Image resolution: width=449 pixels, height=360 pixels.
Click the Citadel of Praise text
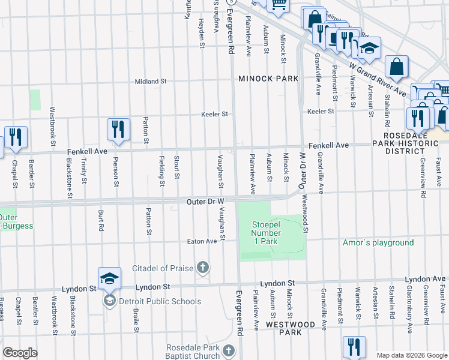coord(165,266)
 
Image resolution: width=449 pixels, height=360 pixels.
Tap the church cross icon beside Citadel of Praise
coord(203,267)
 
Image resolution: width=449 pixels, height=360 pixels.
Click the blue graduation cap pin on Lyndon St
coord(110,279)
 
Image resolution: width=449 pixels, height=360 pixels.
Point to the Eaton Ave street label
coord(202,241)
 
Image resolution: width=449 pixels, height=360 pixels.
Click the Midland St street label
coord(150,81)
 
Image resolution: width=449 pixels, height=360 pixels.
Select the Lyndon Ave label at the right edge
coord(426,280)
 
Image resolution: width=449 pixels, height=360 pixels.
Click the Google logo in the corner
coord(20,353)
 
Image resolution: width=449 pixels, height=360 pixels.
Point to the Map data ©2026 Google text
coord(411,355)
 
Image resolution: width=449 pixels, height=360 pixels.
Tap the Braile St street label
coord(136,321)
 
